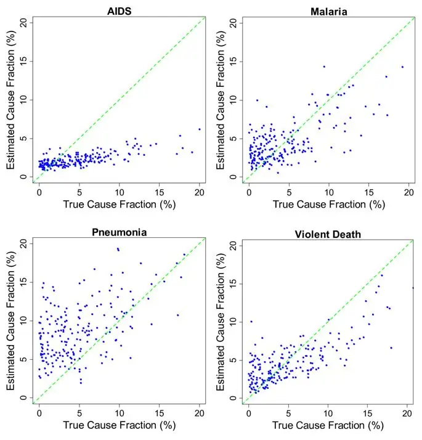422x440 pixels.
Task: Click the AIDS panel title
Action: (118, 10)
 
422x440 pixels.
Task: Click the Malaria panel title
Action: (328, 10)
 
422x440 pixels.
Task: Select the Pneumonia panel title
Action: (118, 232)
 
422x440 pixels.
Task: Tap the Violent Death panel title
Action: (328, 232)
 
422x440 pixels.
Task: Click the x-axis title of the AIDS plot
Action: (118, 204)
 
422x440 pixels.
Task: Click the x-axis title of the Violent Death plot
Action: (328, 425)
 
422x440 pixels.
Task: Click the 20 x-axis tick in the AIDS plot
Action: (200, 191)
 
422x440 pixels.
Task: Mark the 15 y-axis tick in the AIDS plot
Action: (23, 61)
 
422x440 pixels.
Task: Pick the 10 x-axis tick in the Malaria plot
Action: (329, 191)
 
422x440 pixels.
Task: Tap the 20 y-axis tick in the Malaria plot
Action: (232, 22)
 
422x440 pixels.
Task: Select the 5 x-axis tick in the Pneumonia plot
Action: (79, 412)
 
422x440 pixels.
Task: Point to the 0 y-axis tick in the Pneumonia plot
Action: (23, 398)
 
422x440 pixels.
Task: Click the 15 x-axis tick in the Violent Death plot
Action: (368, 412)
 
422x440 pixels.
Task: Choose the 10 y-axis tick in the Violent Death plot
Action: (232, 321)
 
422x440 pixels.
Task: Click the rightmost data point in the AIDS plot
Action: (200, 129)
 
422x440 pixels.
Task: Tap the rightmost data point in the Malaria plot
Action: (402, 67)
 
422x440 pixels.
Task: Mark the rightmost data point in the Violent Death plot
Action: (413, 288)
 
